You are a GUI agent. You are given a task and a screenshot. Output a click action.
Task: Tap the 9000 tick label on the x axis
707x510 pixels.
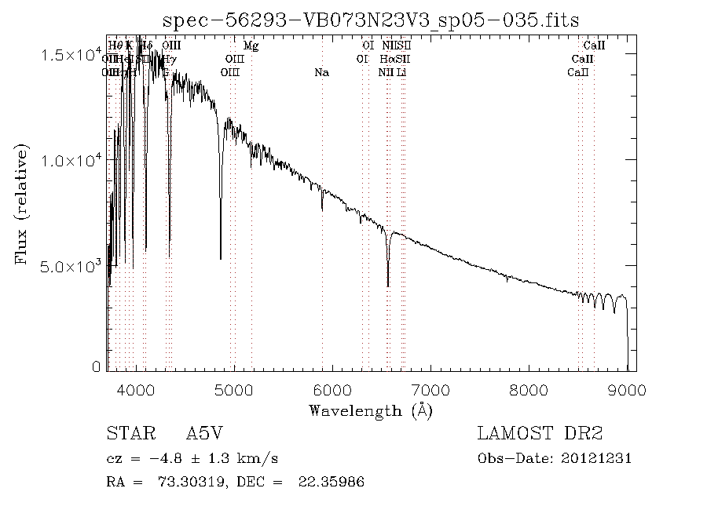coord(627,390)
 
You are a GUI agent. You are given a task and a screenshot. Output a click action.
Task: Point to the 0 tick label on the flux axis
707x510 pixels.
coord(97,366)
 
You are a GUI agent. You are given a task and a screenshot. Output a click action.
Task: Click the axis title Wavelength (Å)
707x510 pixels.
coord(371,410)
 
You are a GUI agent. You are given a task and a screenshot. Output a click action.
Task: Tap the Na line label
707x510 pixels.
coord(321,73)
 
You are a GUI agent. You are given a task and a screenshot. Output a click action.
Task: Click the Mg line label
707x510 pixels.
coord(251,46)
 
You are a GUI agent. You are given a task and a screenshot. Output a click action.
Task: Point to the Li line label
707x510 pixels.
coord(401,73)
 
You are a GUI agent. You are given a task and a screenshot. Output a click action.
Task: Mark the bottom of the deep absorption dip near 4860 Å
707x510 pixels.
coord(220,258)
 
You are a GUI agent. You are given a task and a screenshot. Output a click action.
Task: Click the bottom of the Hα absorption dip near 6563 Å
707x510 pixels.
coord(388,286)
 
